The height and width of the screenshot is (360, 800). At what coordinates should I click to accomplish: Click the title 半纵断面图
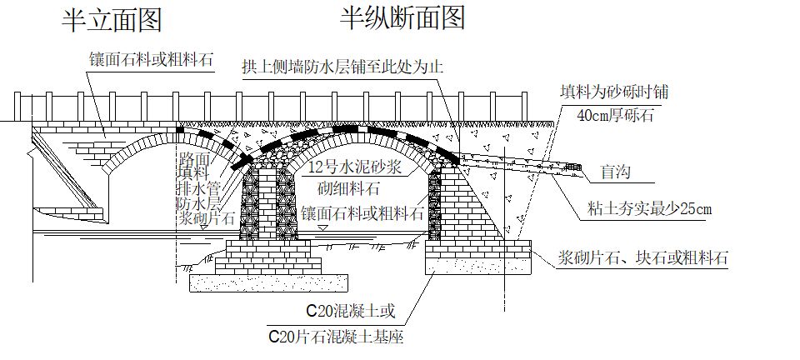(x=402, y=17)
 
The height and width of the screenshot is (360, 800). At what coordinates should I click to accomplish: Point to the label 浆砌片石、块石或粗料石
(x=643, y=258)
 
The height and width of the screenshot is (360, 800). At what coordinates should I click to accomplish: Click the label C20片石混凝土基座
(x=336, y=337)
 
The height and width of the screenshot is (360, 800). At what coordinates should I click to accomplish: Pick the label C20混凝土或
(x=349, y=313)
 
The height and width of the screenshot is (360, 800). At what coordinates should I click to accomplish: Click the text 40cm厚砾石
(x=615, y=115)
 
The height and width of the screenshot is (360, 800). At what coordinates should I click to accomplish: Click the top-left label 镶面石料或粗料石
(x=152, y=59)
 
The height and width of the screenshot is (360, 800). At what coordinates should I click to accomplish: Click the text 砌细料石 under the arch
(x=350, y=188)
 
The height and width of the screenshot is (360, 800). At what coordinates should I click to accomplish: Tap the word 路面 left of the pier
(x=194, y=157)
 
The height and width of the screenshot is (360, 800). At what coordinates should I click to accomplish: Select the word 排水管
(x=199, y=187)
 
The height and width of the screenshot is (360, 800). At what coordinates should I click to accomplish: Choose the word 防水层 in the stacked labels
(x=199, y=202)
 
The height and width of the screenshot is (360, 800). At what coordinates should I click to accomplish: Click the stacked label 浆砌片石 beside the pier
(x=207, y=218)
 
